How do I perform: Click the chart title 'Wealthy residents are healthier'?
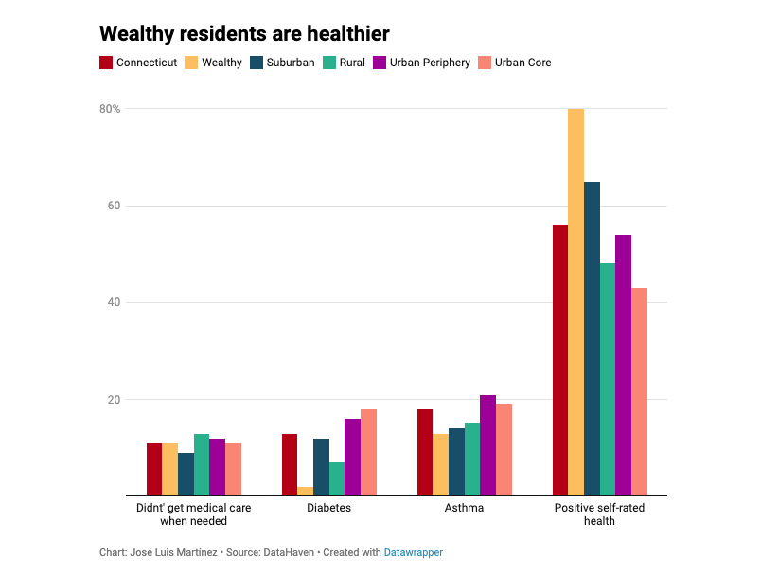click(x=244, y=33)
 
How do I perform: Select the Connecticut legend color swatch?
click(x=106, y=63)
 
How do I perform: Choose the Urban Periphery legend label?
click(x=431, y=63)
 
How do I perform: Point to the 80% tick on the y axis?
click(x=109, y=109)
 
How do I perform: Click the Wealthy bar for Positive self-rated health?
click(x=575, y=302)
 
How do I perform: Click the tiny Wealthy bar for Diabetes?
click(x=305, y=491)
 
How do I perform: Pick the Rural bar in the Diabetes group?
click(x=336, y=478)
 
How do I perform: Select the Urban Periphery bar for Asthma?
click(x=487, y=445)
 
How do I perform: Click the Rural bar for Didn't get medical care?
click(x=202, y=464)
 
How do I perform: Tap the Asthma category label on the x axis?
click(x=464, y=508)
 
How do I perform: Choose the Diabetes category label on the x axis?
click(x=328, y=508)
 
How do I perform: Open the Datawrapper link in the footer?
click(x=413, y=552)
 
